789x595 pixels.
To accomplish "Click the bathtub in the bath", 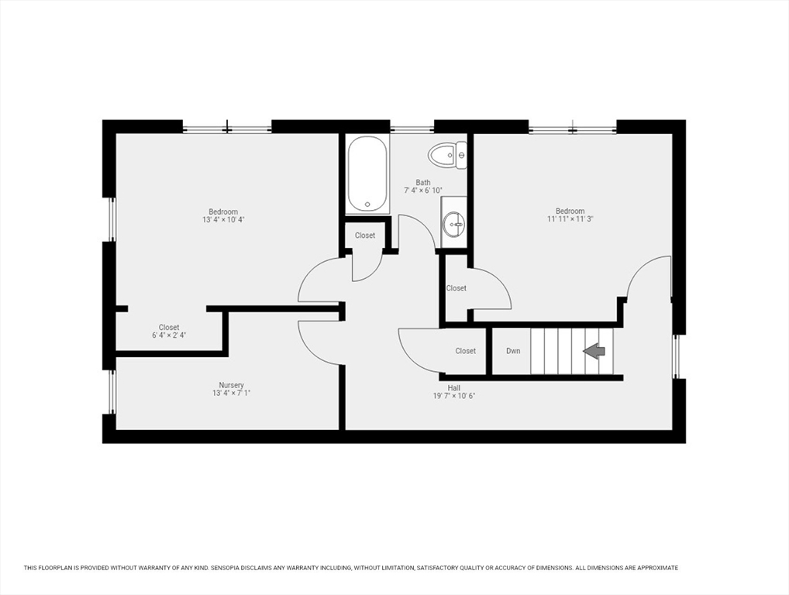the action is pos(368,174).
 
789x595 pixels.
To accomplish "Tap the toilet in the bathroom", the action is pos(447,154).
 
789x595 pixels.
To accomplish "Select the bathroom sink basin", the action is pos(454,223).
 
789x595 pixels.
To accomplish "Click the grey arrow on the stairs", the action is pos(594,350).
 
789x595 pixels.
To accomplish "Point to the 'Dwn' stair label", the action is pos(513,351).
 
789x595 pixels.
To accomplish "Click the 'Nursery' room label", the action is pos(232,385).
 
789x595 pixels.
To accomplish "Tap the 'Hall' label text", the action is pos(454,388).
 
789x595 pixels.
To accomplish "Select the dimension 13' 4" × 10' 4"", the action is pos(223,220).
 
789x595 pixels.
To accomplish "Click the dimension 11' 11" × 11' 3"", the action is pos(570,219).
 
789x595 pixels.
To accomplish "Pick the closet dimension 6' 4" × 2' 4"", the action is pos(169,335).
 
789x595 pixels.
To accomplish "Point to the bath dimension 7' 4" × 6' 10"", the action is pos(423,191).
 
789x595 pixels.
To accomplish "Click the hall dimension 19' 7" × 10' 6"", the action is pos(454,396).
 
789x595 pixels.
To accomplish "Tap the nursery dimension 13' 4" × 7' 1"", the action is pos(231,394).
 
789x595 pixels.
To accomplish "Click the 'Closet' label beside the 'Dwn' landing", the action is pos(466,351).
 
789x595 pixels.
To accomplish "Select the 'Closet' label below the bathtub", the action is pos(365,236).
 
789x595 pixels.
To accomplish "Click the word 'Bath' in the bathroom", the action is pos(423,183).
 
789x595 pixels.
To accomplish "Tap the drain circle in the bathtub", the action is pos(368,205).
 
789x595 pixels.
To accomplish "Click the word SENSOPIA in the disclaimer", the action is pos(231,568).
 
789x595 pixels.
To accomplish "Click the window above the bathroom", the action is pos(412,129).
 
